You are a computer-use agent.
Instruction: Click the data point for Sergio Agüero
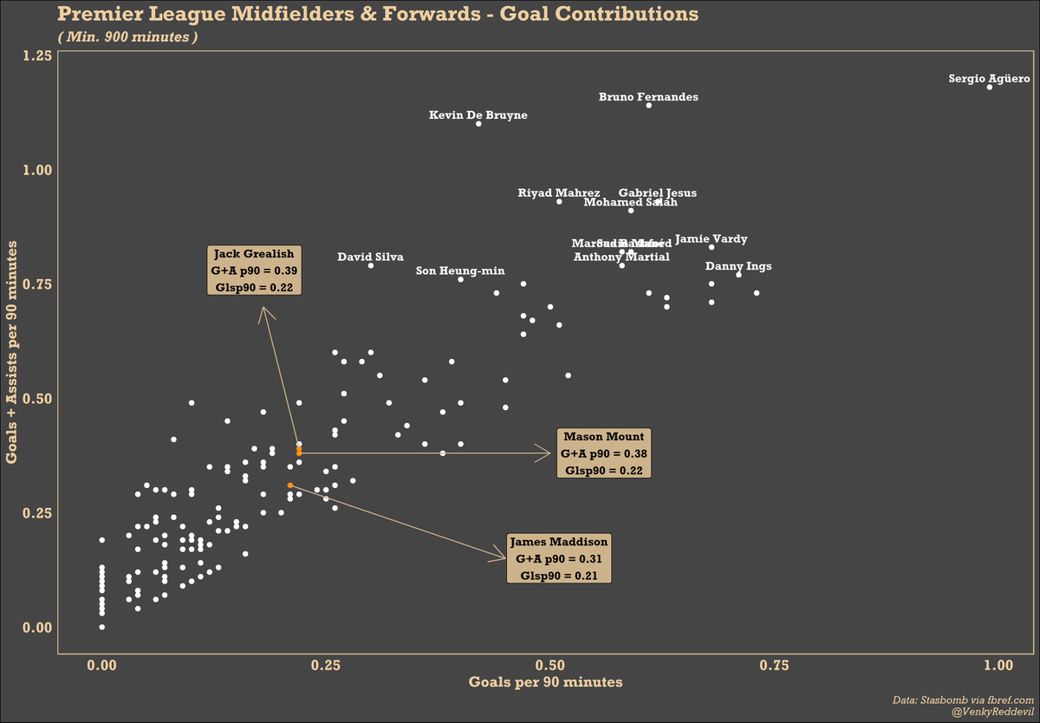pos(990,87)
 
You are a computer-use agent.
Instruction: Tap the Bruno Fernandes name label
pos(648,97)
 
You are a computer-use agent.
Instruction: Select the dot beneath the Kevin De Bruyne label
pos(478,124)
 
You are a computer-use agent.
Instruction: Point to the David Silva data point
pos(371,265)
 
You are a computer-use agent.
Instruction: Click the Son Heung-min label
pos(460,271)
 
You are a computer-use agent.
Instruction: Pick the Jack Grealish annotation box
pos(254,270)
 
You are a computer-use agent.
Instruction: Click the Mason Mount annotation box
pos(604,453)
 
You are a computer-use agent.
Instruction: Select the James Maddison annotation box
pos(559,559)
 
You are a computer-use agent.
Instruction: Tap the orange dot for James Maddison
pos(290,485)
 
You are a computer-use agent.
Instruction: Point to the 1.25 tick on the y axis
pos(38,55)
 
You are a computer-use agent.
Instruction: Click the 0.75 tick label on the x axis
pos(775,665)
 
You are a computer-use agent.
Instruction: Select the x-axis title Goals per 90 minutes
pos(545,682)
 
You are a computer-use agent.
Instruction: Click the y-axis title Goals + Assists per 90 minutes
pos(15,353)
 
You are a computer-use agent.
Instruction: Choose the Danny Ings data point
pos(738,274)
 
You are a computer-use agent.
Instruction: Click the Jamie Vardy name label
pos(711,238)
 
